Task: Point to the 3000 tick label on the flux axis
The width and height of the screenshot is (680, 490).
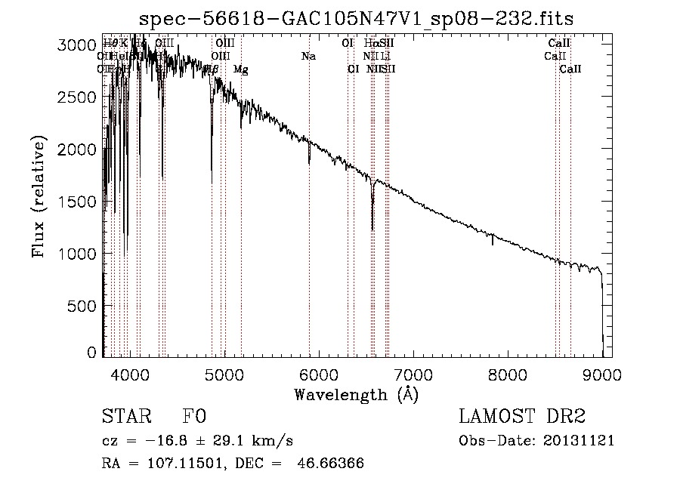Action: coord(76,45)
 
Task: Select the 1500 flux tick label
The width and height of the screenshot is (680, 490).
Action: coord(76,202)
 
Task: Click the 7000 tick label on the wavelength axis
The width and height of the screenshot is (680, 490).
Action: coord(413,374)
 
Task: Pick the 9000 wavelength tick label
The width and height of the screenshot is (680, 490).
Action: coord(601,374)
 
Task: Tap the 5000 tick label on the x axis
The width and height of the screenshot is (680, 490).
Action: coord(224,374)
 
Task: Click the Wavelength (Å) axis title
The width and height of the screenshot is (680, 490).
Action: coord(356,394)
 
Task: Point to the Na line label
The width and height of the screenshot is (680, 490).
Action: coord(308,57)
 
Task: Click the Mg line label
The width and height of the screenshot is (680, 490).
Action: coord(240,69)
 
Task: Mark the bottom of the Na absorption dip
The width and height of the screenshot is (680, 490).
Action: coord(309,162)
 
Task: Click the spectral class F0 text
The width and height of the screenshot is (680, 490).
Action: coord(194,417)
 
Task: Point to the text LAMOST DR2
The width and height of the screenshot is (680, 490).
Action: coord(522,417)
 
